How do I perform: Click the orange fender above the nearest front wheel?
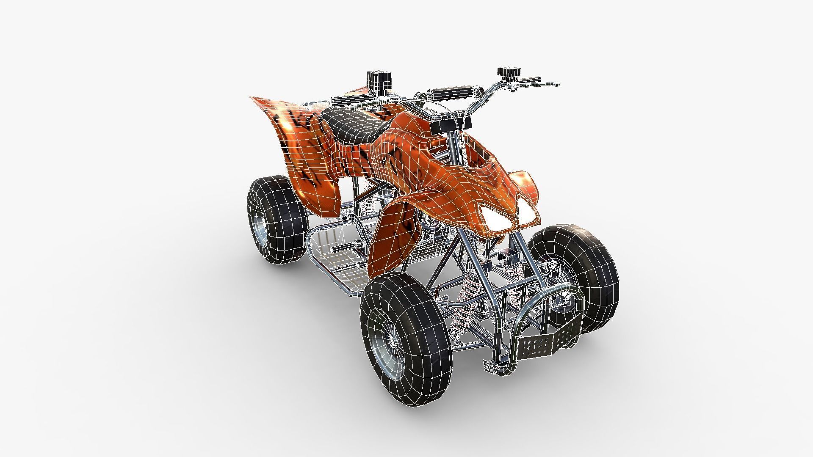(390, 237)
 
